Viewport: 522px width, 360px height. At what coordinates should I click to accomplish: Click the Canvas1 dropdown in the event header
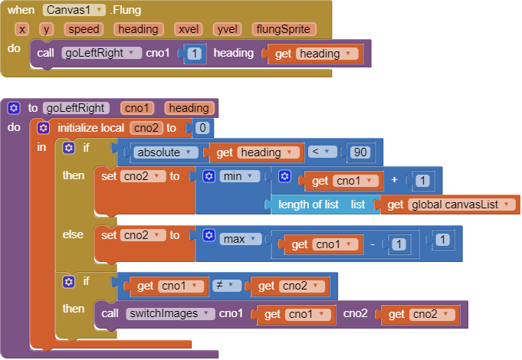click(x=74, y=10)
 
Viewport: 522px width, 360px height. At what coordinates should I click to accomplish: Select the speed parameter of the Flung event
click(x=84, y=29)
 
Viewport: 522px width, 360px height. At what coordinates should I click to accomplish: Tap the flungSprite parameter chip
click(x=283, y=29)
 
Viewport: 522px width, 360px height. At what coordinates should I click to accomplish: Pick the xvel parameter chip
click(x=189, y=29)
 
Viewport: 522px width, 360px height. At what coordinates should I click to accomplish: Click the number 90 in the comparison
click(x=360, y=152)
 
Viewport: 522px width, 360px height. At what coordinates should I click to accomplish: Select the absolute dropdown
click(x=164, y=152)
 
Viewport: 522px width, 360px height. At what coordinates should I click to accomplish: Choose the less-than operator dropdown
click(x=322, y=152)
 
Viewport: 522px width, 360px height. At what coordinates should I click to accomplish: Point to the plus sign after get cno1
click(x=395, y=180)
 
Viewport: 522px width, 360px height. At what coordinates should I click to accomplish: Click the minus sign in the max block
click(x=373, y=245)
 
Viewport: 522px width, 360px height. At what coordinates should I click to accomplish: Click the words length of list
click(x=308, y=205)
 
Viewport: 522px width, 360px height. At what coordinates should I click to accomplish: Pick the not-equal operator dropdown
click(x=226, y=285)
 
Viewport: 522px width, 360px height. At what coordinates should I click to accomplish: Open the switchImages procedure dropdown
click(x=170, y=313)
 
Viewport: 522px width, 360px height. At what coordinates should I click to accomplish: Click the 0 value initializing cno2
click(x=202, y=128)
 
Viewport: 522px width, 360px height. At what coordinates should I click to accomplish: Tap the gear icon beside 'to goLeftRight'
click(x=14, y=108)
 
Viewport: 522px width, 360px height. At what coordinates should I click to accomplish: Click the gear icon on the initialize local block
click(x=43, y=128)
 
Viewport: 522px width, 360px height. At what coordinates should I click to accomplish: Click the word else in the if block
click(x=73, y=234)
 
